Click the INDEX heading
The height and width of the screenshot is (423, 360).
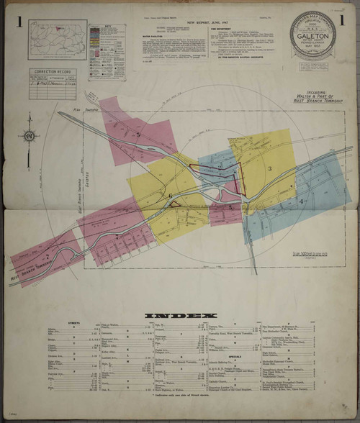pyautogui.click(x=179, y=315)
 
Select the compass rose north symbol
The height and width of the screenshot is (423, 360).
pyautogui.click(x=30, y=135)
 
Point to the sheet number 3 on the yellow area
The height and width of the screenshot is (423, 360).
pyautogui.click(x=270, y=168)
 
